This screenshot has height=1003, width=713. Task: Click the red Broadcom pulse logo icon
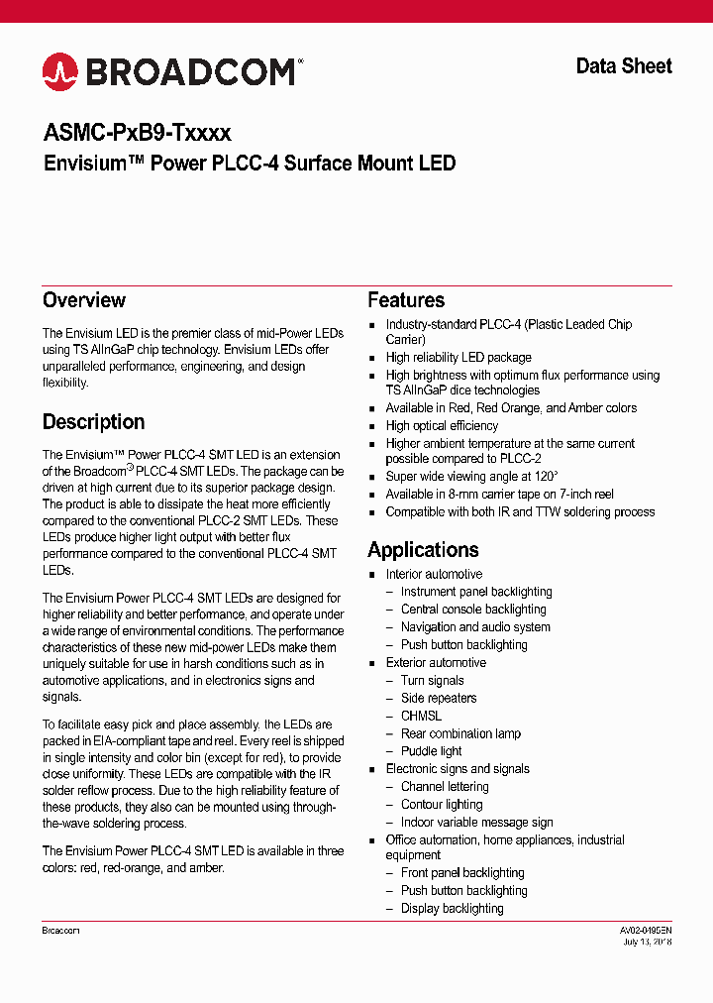[x=59, y=71]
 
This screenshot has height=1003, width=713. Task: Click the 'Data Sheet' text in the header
[x=624, y=66]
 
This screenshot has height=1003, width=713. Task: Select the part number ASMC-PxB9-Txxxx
[x=137, y=133]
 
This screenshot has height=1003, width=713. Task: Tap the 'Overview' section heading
[x=84, y=300]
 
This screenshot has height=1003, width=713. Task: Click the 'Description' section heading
[x=93, y=422]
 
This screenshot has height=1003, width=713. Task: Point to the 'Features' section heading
[x=406, y=300]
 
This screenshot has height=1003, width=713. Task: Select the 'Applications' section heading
[x=423, y=550]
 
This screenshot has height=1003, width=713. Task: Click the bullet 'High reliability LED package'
[x=458, y=358]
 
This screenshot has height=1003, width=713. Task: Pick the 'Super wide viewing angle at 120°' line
[x=472, y=477]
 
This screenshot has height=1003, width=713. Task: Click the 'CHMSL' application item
[x=421, y=717]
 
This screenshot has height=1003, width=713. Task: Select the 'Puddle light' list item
[x=431, y=751]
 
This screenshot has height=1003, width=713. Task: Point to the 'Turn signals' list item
[x=432, y=681]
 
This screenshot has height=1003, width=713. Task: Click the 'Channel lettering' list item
[x=445, y=787]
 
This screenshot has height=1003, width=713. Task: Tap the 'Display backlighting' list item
[x=452, y=909]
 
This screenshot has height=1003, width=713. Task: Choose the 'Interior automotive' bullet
[x=434, y=575]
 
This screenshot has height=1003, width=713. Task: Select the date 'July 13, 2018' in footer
[x=648, y=943]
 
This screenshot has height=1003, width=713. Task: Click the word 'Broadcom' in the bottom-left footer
[x=60, y=931]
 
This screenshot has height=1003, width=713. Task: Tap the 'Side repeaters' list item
[x=439, y=699]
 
